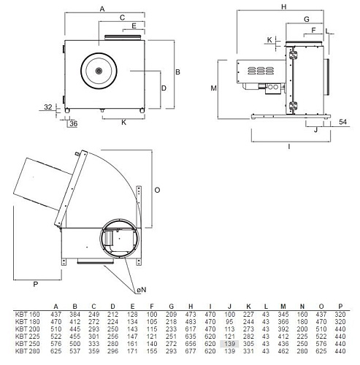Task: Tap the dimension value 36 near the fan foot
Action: tap(73, 124)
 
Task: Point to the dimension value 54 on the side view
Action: tap(342, 124)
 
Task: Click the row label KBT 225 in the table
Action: tap(26, 337)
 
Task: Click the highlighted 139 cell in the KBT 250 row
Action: tap(230, 343)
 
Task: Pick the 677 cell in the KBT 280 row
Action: tap(191, 350)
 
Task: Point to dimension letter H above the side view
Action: tap(282, 7)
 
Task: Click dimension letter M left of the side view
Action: tap(213, 88)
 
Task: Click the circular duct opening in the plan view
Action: tap(116, 237)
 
